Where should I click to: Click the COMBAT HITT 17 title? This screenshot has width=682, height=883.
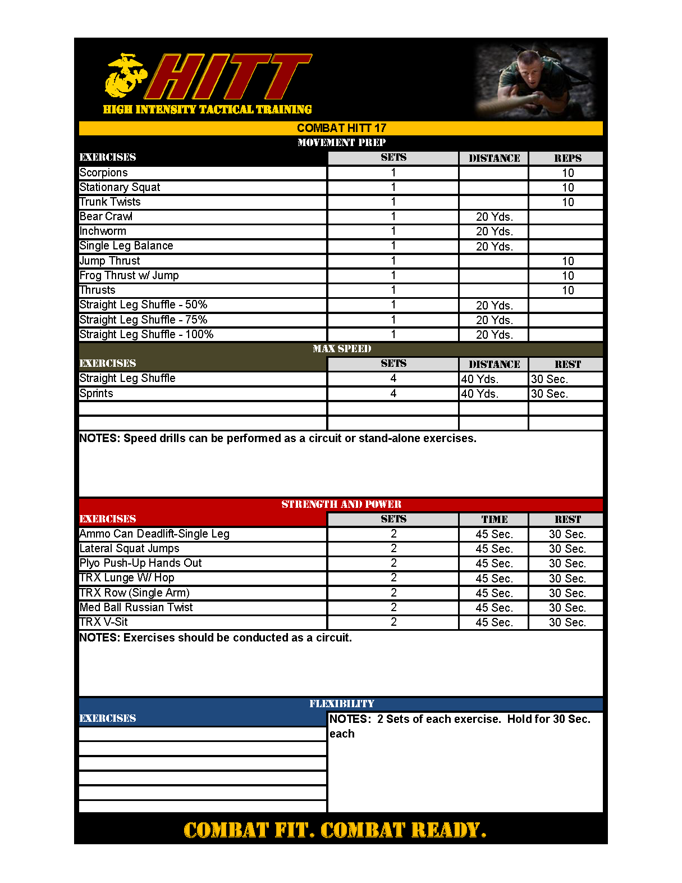point(341,128)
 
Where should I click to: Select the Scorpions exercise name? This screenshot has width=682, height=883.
point(104,173)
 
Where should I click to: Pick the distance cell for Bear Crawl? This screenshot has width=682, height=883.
point(494,217)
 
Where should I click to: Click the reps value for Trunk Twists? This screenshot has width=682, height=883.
point(567,202)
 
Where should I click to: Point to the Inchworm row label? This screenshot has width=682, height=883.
point(103,231)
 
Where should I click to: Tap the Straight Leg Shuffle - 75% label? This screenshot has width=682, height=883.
point(143,320)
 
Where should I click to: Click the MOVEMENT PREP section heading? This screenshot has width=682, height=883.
point(341,143)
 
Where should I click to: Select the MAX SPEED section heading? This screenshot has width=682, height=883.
point(341,349)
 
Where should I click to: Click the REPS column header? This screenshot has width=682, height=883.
point(567,158)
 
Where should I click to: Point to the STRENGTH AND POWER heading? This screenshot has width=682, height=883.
point(341,504)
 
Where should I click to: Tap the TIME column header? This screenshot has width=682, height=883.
point(494,520)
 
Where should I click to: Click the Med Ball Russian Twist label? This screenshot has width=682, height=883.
point(136,608)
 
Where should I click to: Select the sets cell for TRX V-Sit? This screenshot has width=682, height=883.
point(393,622)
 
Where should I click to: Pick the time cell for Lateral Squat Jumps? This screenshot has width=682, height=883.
point(494,549)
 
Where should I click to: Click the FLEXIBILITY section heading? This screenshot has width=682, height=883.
point(341,704)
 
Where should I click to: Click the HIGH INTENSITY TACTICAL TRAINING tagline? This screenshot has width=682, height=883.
point(207,110)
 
